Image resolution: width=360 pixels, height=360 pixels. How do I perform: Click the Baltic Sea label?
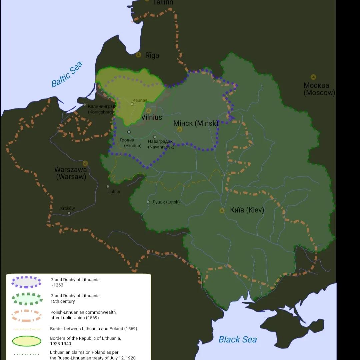[x=67, y=75]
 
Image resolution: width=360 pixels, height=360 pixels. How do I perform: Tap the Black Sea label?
[x=237, y=339]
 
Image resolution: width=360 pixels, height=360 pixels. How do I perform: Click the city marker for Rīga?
[x=138, y=55]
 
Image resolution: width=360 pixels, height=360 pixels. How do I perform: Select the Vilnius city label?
[x=152, y=117]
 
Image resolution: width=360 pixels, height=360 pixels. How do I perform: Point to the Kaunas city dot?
[x=132, y=104]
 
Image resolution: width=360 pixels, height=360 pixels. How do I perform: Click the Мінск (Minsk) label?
[x=196, y=123]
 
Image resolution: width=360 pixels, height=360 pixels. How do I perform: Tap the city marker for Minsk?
[x=180, y=129]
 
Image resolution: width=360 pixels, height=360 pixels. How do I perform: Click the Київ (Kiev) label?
[x=247, y=210]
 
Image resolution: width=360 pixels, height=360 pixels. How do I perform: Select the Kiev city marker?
[x=222, y=211]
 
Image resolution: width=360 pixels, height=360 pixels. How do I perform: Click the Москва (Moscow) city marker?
[x=313, y=77]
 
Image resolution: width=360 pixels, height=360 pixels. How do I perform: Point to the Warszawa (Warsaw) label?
[x=71, y=173]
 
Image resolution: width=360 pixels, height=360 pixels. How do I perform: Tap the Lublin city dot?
[x=108, y=187]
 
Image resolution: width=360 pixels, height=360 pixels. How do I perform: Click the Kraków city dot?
[x=69, y=213]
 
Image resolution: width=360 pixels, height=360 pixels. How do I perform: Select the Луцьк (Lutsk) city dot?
[x=148, y=202]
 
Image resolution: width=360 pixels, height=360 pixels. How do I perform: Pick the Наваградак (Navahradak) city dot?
[x=155, y=137]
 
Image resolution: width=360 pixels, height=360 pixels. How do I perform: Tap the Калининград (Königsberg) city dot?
[x=85, y=105]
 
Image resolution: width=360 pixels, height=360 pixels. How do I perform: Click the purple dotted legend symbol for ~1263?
[x=26, y=282]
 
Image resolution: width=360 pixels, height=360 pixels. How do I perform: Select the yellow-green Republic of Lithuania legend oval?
[x=27, y=341]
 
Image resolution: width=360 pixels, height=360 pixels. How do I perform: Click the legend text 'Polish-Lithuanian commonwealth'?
[x=83, y=312]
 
